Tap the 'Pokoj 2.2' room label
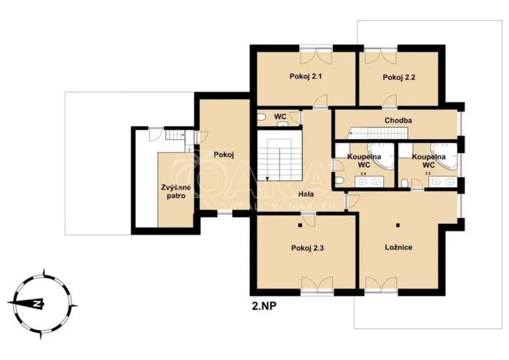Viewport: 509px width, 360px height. [398, 77]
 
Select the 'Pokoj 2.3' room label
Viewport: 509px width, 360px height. [308, 248]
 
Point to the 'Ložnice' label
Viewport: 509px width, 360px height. [399, 248]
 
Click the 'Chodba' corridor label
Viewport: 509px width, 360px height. [398, 121]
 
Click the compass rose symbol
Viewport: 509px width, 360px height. [35, 302]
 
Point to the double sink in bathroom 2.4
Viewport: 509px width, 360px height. [371, 183]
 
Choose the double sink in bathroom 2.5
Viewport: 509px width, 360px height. [442, 182]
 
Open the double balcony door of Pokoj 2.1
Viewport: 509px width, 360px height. [316, 50]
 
